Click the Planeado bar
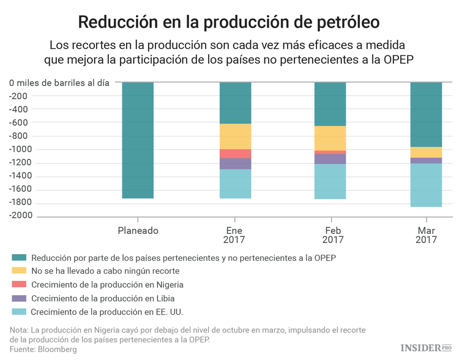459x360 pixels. click(x=138, y=140)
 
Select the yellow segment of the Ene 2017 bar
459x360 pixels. click(x=236, y=137)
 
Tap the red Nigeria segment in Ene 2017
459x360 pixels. click(x=236, y=154)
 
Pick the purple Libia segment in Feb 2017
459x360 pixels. click(x=330, y=159)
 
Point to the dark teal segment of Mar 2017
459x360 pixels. click(x=426, y=114)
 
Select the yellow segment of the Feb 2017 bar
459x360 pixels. click(x=330, y=138)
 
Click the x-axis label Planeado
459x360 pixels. click(x=138, y=231)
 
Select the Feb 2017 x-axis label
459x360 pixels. click(x=332, y=236)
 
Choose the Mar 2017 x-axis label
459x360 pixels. click(x=426, y=236)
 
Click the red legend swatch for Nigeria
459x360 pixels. click(x=18, y=285)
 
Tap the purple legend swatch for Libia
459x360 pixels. click(x=18, y=299)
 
